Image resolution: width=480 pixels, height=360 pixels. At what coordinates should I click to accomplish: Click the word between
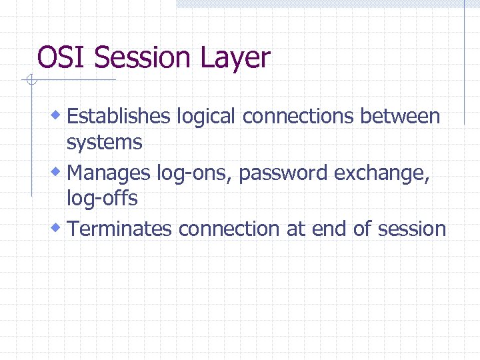click(x=400, y=117)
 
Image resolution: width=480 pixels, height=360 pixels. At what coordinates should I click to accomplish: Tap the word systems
click(x=104, y=143)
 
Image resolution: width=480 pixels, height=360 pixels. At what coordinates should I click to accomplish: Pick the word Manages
click(x=109, y=174)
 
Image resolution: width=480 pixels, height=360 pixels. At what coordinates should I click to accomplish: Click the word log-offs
click(x=102, y=199)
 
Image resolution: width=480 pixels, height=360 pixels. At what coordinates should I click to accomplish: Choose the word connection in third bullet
click(x=230, y=229)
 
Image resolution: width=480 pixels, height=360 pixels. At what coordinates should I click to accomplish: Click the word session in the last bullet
click(x=411, y=229)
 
